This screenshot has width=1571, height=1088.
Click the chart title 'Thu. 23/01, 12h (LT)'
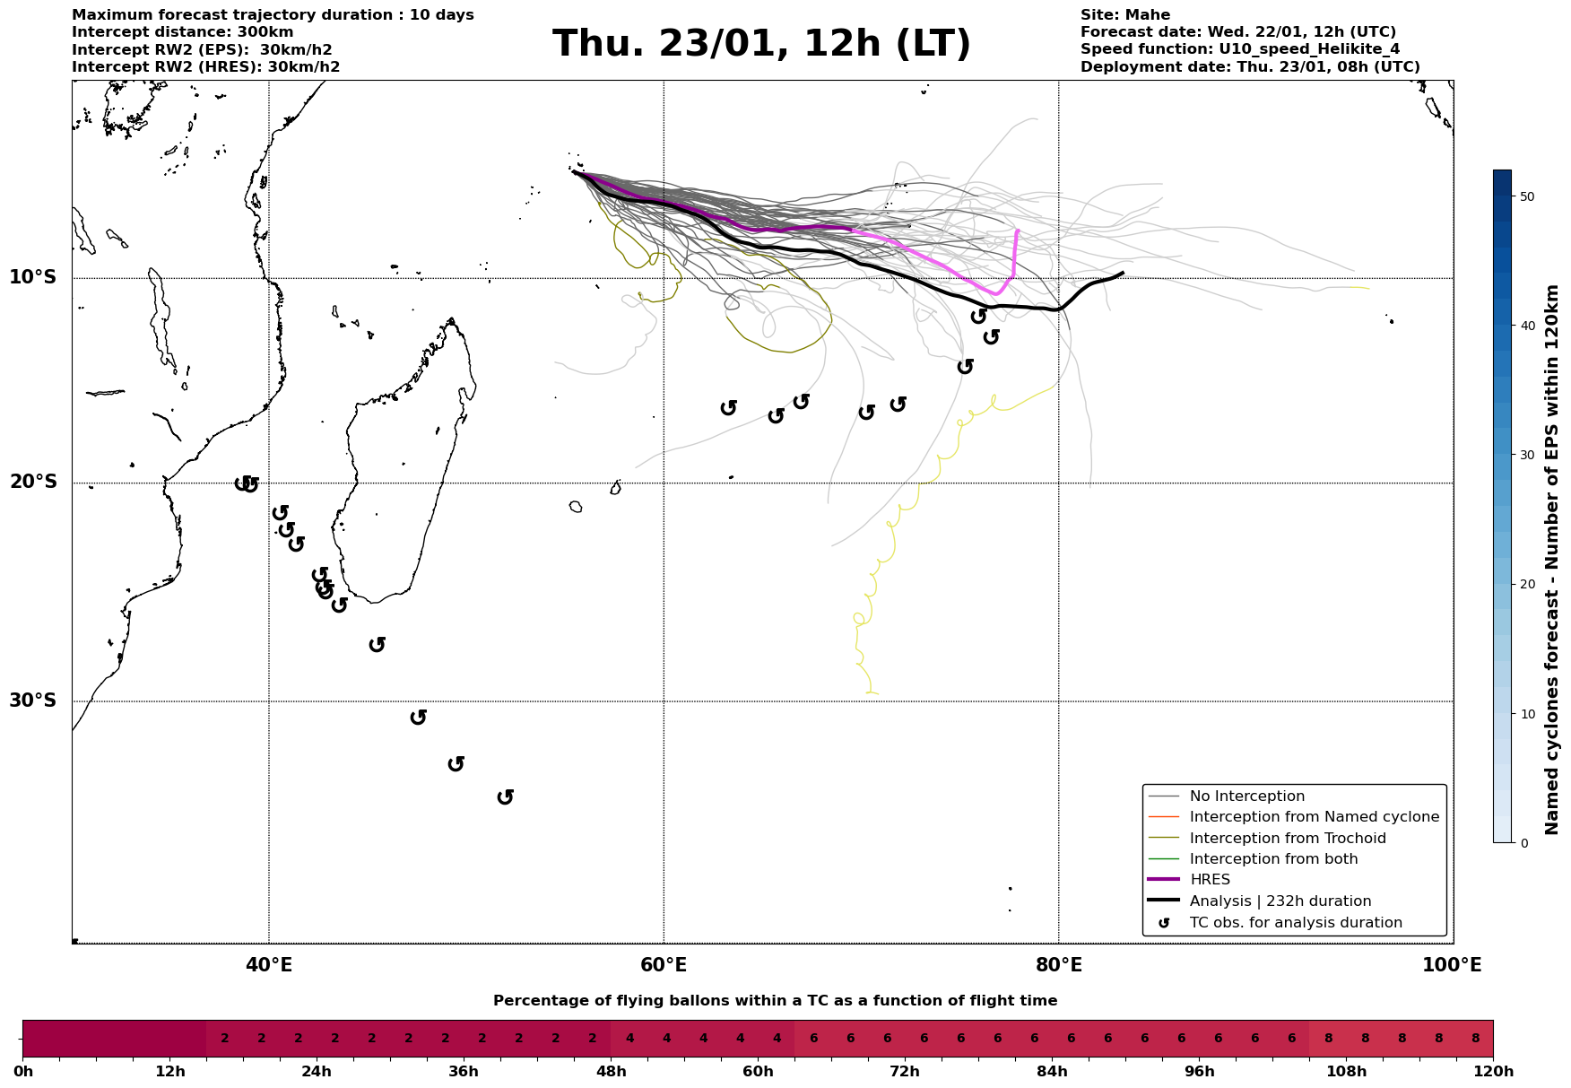click(x=761, y=44)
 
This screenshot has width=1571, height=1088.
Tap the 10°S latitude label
click(x=33, y=277)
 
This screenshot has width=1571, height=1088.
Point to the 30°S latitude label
click(x=33, y=701)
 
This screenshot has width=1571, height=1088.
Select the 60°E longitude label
click(x=664, y=966)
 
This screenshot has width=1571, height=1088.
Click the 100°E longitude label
click(x=1452, y=966)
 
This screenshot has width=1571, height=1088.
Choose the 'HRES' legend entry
click(x=1210, y=880)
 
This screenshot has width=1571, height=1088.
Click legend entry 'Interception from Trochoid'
click(x=1287, y=839)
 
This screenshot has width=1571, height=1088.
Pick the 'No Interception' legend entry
click(x=1246, y=796)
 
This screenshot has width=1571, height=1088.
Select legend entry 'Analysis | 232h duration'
click(x=1280, y=901)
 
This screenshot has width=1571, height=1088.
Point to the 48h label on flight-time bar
click(x=611, y=1072)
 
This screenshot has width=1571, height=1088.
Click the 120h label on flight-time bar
click(x=1493, y=1072)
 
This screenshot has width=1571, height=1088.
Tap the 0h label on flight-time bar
click(x=23, y=1072)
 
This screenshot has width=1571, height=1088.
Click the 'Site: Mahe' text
click(x=1124, y=15)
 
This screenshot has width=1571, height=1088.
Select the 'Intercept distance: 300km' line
click(x=182, y=32)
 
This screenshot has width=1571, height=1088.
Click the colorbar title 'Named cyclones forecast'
click(x=1553, y=560)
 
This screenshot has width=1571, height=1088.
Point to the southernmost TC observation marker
click(x=506, y=796)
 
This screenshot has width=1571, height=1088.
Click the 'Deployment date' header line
click(x=1249, y=67)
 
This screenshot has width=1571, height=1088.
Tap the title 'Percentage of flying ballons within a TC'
click(x=775, y=1001)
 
